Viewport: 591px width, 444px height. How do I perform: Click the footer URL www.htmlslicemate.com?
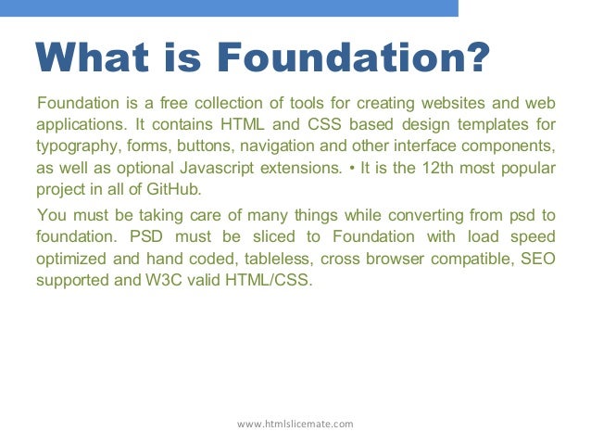[295, 424]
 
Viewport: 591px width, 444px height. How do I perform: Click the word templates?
[496, 124]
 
